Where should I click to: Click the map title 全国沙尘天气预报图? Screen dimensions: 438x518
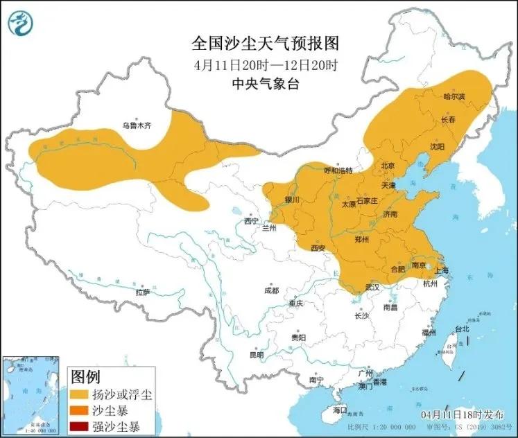coord(265,44)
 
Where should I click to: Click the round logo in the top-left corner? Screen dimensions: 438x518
coord(20,24)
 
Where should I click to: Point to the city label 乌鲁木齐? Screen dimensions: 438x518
coord(137,126)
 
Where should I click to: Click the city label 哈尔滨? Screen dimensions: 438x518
coord(454,96)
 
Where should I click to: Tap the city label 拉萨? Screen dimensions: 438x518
coord(142,292)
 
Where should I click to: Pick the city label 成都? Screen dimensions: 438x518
coord(271,290)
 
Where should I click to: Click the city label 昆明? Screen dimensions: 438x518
coord(257,355)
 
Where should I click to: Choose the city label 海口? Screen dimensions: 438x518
coord(339,410)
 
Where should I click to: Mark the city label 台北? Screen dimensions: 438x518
coord(461,328)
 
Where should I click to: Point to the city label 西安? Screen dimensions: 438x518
coord(318,247)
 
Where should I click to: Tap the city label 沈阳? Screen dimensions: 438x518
coord(436,146)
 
